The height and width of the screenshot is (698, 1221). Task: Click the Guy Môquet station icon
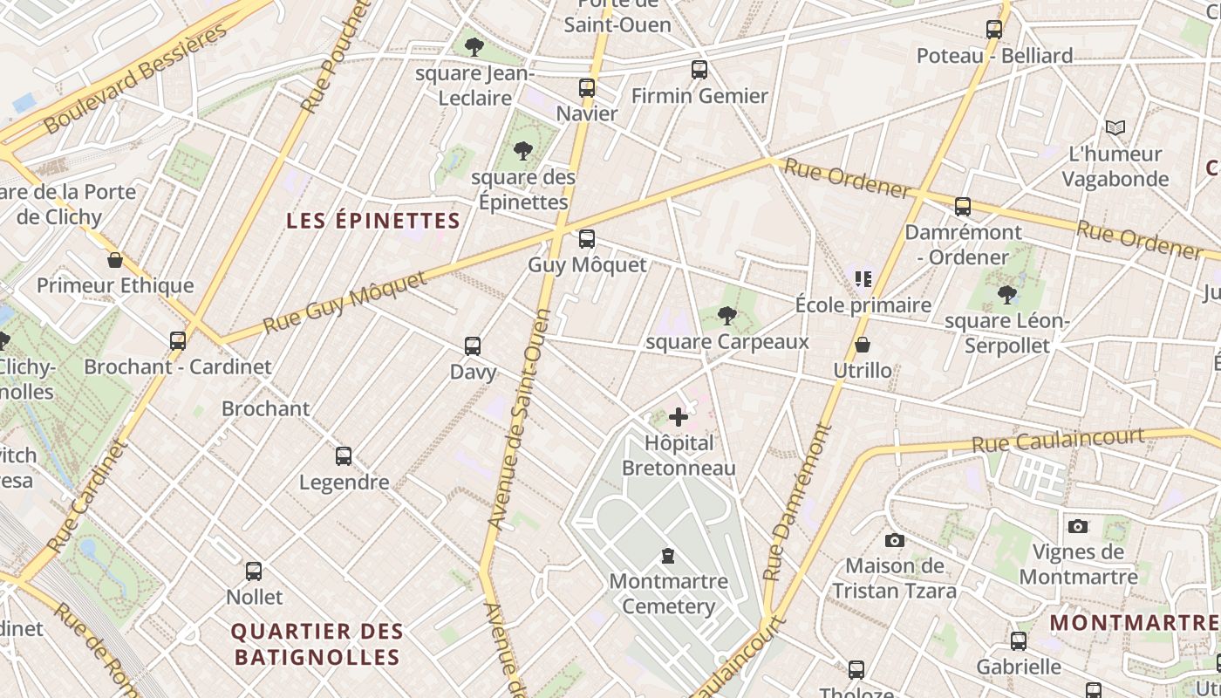587,238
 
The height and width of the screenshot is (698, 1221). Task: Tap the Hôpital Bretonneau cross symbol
679,417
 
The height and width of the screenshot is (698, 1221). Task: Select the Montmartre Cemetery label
669,593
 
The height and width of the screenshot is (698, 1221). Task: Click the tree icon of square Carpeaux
726,316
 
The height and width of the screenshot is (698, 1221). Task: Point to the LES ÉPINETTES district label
372,221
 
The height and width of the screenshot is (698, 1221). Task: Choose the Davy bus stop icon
473,346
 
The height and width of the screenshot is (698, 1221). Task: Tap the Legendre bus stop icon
344,455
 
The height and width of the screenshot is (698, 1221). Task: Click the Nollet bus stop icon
254,571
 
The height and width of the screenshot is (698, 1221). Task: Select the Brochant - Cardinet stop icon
178,340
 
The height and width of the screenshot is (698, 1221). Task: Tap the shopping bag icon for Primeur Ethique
114,260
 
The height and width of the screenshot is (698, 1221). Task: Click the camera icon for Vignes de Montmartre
1078,526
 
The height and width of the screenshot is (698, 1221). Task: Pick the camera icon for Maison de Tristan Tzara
894,540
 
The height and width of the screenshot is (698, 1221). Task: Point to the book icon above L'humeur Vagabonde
1115,128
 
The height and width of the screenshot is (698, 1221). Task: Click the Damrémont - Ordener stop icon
963,207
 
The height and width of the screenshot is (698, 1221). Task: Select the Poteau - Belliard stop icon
994,30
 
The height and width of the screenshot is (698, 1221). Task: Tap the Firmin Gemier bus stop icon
699,69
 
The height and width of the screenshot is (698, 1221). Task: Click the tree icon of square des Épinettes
523,151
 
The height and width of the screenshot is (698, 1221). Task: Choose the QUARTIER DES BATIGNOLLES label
317,644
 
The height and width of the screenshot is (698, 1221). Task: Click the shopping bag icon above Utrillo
863,345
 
